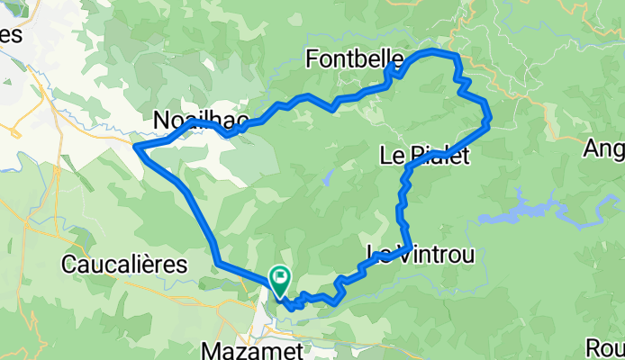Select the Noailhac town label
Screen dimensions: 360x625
tap(197, 120)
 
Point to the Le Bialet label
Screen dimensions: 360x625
tap(425, 157)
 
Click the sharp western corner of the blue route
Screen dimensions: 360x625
tap(135, 146)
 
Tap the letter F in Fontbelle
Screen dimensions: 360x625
tap(312, 60)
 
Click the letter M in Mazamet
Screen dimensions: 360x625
tap(213, 347)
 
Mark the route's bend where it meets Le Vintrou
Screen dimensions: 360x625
tap(410, 246)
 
